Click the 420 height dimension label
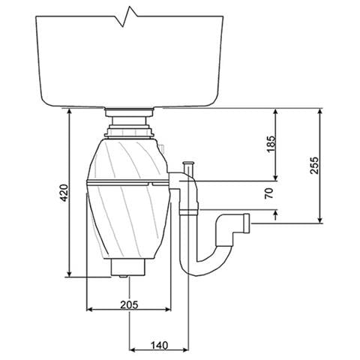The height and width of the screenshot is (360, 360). (64, 193)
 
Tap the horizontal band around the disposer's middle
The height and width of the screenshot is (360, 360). (127, 183)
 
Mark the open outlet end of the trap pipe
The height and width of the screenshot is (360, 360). (246, 223)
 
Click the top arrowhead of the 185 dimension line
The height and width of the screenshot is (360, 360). (277, 112)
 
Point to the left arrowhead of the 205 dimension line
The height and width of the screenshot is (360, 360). (90, 309)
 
